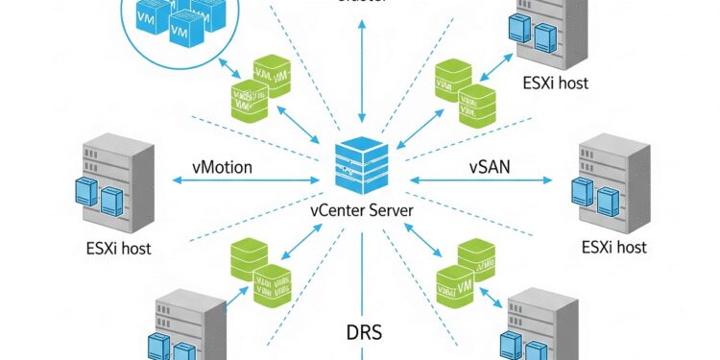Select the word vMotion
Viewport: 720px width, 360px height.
pos(222,167)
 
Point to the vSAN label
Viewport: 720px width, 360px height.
pos(490,167)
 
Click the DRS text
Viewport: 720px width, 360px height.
pos(363,334)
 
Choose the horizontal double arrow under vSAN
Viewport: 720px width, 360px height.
pos(483,180)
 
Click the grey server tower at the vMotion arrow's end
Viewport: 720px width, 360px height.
pos(117,178)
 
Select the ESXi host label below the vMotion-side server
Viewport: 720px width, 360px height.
pos(117,248)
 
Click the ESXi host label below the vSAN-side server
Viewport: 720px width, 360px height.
pos(613,248)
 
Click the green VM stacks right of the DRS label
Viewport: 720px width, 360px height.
pos(465,272)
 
